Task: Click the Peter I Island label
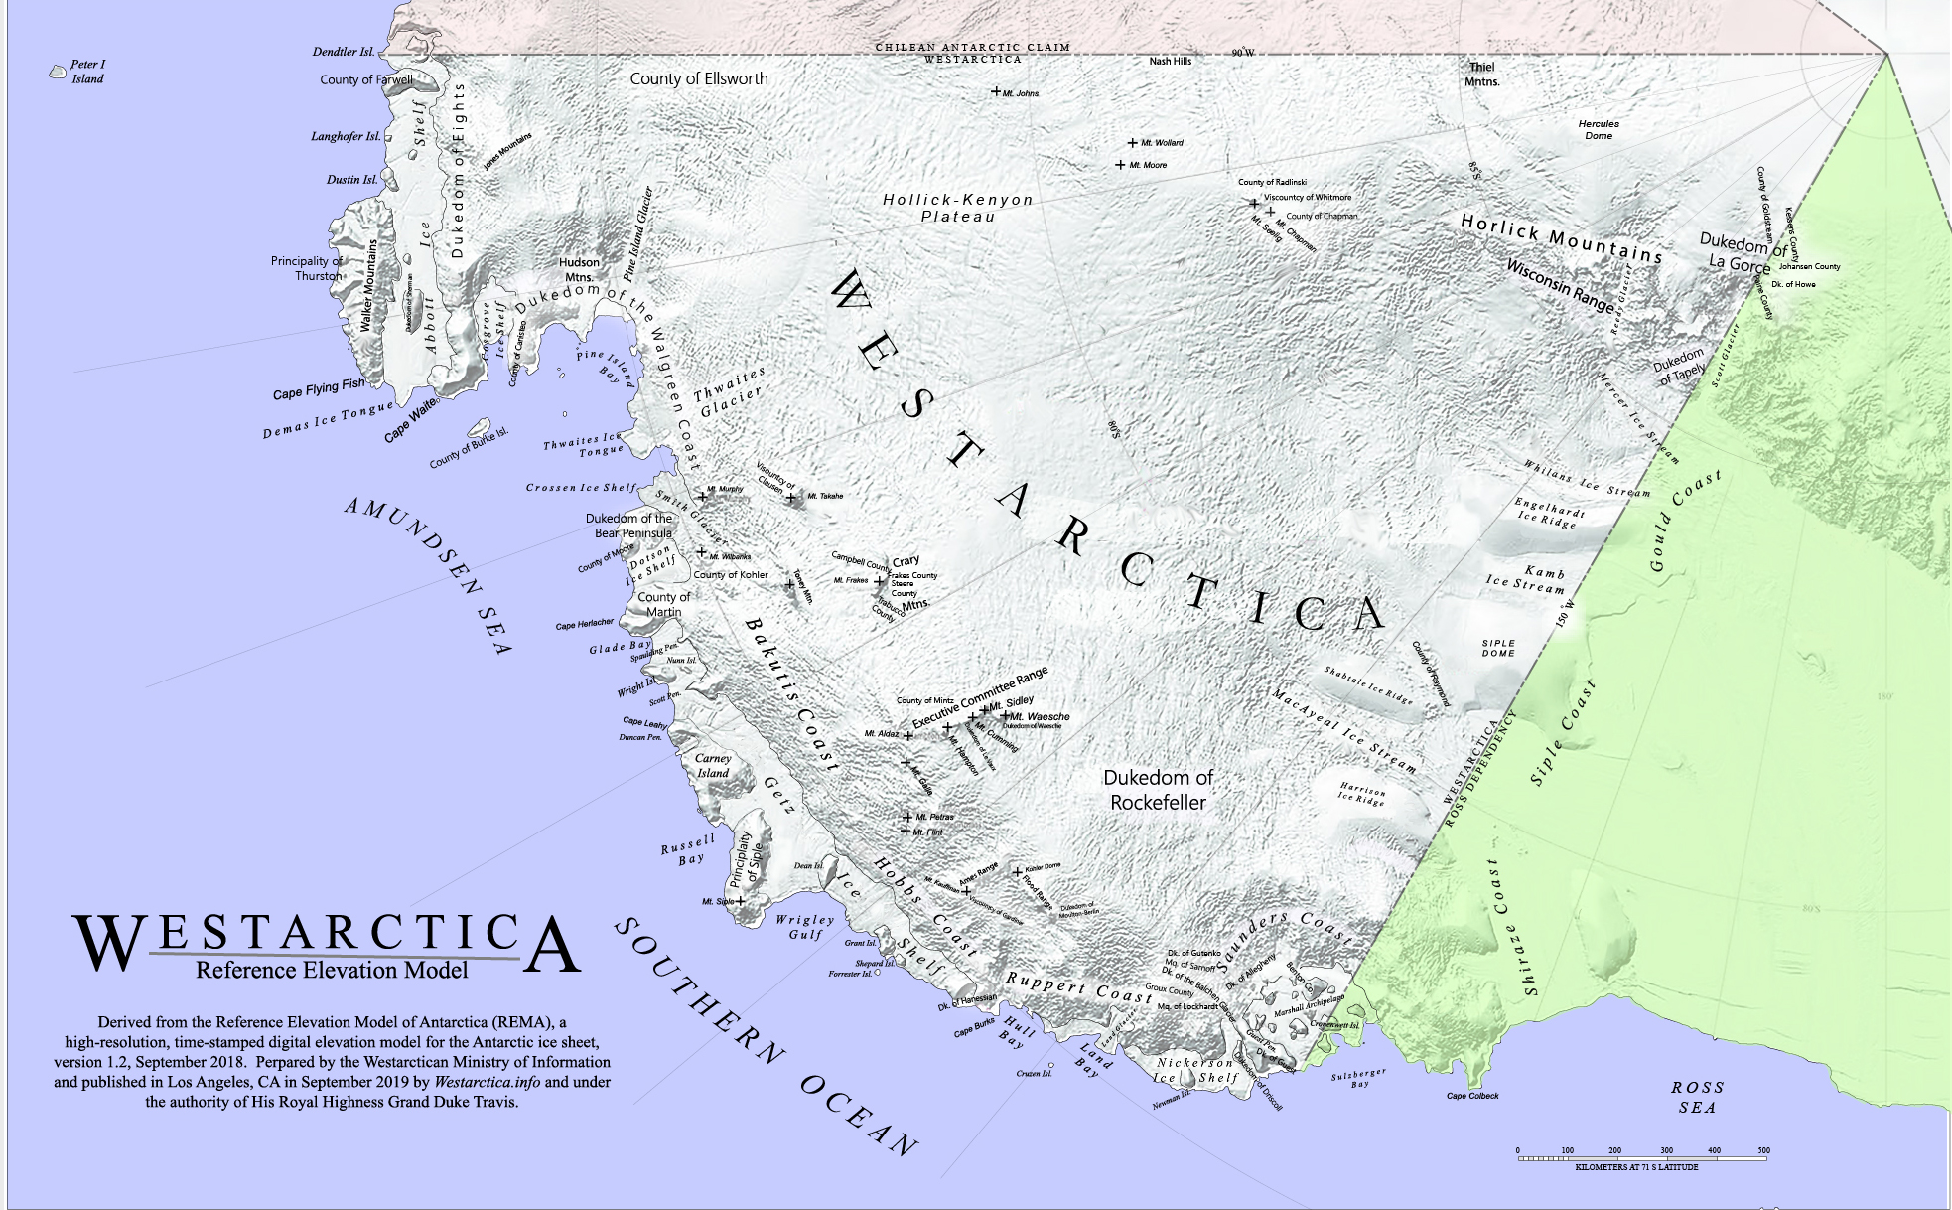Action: pyautogui.click(x=87, y=72)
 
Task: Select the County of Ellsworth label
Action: pyautogui.click(x=699, y=78)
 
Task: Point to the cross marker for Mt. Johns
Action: pyautogui.click(x=996, y=91)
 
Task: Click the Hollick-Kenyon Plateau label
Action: pyautogui.click(x=958, y=208)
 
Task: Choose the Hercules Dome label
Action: pyautogui.click(x=1599, y=130)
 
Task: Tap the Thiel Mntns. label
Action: pyautogui.click(x=1481, y=75)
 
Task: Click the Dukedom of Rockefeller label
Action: pyautogui.click(x=1158, y=790)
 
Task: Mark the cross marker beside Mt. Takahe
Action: pyautogui.click(x=791, y=497)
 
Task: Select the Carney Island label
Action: pyautogui.click(x=713, y=766)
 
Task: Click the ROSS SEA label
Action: pyautogui.click(x=1697, y=1097)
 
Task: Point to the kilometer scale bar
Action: pyautogui.click(x=1642, y=1158)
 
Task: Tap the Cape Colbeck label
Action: pyautogui.click(x=1472, y=1096)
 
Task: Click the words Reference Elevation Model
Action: pyautogui.click(x=332, y=971)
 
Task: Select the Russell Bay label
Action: pyautogui.click(x=688, y=850)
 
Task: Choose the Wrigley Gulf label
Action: pyautogui.click(x=805, y=927)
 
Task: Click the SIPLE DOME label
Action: pyautogui.click(x=1498, y=648)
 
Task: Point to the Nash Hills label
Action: pyautogui.click(x=1170, y=62)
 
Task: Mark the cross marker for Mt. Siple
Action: pyautogui.click(x=740, y=901)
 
